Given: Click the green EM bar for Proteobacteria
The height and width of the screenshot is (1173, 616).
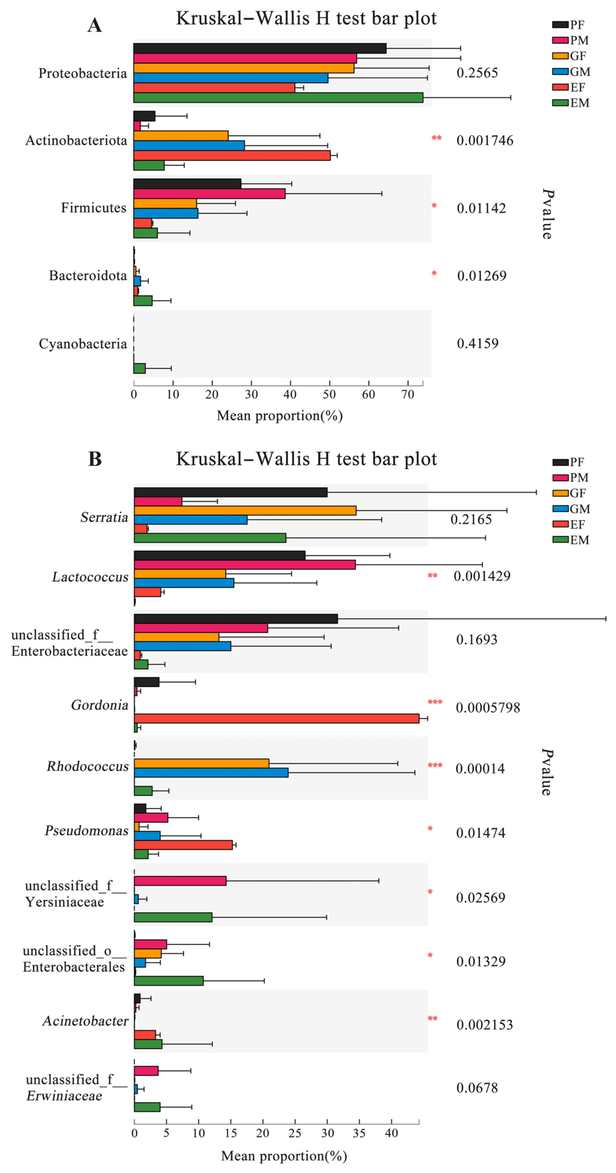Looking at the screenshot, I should (x=278, y=98).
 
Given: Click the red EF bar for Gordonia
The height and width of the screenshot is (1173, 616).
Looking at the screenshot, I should (x=276, y=719).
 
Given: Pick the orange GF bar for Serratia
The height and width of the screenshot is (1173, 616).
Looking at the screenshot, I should (x=245, y=511).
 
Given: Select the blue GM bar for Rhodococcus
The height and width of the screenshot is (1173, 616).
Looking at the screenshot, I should (x=211, y=773).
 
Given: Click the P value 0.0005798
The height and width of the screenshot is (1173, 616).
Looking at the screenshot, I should (x=488, y=708).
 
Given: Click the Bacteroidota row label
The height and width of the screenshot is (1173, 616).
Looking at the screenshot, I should (x=88, y=276).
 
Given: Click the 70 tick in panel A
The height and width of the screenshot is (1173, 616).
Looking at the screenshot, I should (x=408, y=394).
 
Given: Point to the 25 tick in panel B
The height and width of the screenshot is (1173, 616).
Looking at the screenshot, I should (x=295, y=1133).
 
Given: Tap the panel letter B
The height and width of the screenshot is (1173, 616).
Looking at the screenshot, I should (x=95, y=459).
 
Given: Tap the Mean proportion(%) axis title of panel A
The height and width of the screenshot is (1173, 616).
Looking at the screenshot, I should (x=279, y=415).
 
